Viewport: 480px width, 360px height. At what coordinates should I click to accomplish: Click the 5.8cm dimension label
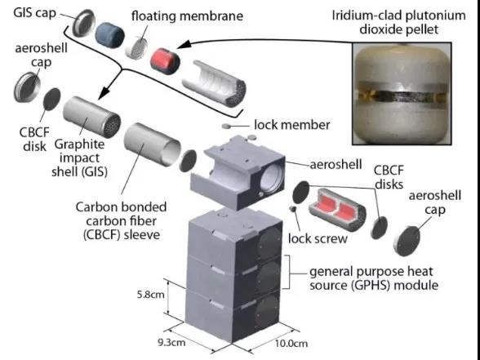point(150,295)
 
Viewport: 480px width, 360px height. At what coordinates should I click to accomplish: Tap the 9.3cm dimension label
point(171,342)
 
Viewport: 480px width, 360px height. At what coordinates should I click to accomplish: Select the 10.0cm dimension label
point(291,343)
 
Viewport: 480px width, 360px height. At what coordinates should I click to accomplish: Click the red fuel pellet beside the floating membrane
point(165,61)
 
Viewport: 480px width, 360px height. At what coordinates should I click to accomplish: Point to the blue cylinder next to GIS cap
point(110,36)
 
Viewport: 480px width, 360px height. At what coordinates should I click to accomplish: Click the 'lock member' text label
point(292,125)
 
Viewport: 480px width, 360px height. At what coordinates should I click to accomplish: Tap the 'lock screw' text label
point(318,238)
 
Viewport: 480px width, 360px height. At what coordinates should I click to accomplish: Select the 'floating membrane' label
point(187,16)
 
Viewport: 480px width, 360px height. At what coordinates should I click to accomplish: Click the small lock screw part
point(292,209)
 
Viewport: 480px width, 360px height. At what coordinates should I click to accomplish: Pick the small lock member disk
point(227,126)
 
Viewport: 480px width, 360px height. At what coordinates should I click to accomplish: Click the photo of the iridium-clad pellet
point(402,93)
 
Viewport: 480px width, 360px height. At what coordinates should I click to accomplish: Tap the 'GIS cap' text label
point(35,13)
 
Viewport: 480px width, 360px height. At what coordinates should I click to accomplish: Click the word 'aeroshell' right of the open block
point(336,164)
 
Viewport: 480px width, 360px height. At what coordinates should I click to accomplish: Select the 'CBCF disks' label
point(389,177)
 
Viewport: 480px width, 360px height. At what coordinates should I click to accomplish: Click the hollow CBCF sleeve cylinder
point(152,144)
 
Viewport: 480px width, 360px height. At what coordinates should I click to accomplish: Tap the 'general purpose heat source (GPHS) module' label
point(374,278)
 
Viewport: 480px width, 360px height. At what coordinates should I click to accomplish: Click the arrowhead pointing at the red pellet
point(184,45)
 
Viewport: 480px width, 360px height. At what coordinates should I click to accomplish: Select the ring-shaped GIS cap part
point(83,23)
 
